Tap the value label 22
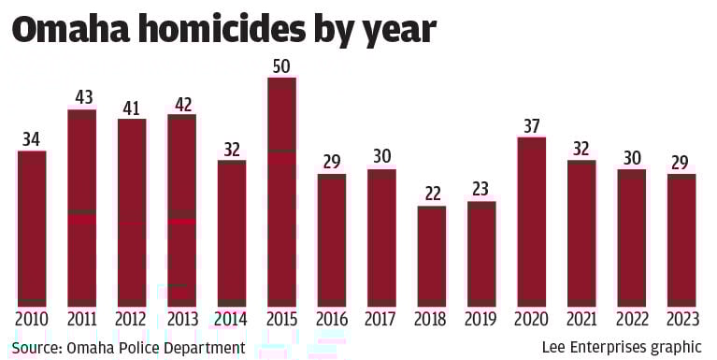click(431, 194)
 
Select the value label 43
click(81, 96)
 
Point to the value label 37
click(531, 124)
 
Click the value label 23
click(481, 189)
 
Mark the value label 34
click(32, 138)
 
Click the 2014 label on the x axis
click(231, 320)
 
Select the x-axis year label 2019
click(481, 320)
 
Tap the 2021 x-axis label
click(581, 320)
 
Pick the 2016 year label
click(331, 320)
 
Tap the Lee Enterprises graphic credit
click(622, 347)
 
